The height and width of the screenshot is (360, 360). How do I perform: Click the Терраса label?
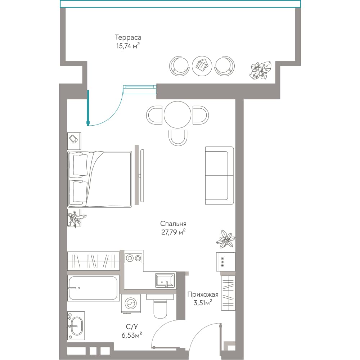(128, 37)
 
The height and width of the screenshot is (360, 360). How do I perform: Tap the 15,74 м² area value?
(128, 46)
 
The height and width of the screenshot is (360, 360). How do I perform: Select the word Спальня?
(174, 224)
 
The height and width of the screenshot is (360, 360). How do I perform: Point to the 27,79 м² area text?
(174, 232)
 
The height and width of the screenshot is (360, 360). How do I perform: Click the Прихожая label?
(203, 294)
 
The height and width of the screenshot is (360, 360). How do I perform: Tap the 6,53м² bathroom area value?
(131, 335)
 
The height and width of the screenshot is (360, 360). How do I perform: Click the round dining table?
(177, 114)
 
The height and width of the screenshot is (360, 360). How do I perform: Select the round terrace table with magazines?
(202, 66)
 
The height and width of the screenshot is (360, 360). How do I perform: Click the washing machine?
(131, 303)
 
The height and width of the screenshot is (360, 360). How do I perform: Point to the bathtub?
(93, 288)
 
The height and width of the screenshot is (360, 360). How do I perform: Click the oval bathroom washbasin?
(76, 326)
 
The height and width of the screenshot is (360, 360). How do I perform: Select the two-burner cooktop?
(134, 258)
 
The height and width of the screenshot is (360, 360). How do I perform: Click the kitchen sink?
(165, 280)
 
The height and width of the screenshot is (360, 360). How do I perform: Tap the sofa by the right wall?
(220, 176)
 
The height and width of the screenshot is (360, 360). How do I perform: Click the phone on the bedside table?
(73, 139)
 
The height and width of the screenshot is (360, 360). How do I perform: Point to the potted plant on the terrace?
(260, 70)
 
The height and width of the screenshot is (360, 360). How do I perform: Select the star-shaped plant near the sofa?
(226, 239)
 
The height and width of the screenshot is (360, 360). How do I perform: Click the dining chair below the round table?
(178, 138)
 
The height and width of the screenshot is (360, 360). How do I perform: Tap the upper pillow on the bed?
(80, 165)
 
